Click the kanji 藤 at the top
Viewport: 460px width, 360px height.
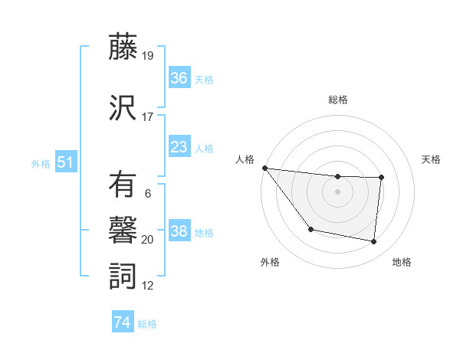[x=123, y=48]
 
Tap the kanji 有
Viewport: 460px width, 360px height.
[x=123, y=186]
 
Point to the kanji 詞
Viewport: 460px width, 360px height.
[x=123, y=276]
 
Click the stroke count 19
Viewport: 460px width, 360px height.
[x=148, y=56]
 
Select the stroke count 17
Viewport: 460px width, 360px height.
[x=148, y=117]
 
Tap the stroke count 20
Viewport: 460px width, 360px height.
[x=148, y=240]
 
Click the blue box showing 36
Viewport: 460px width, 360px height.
[x=179, y=78]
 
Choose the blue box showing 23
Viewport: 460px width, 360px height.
[x=179, y=147]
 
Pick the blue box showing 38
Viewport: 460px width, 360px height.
[x=179, y=231]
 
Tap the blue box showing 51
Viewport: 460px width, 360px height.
[x=65, y=162]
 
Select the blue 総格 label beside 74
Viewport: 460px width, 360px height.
[x=148, y=324]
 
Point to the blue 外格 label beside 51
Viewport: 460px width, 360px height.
[x=41, y=163]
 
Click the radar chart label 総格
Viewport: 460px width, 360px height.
[x=338, y=100]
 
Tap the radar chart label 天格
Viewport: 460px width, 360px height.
[x=431, y=159]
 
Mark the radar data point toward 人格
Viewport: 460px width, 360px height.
[x=264, y=168]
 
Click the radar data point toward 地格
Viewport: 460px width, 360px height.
[x=373, y=242]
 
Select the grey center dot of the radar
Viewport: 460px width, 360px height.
[x=337, y=191]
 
